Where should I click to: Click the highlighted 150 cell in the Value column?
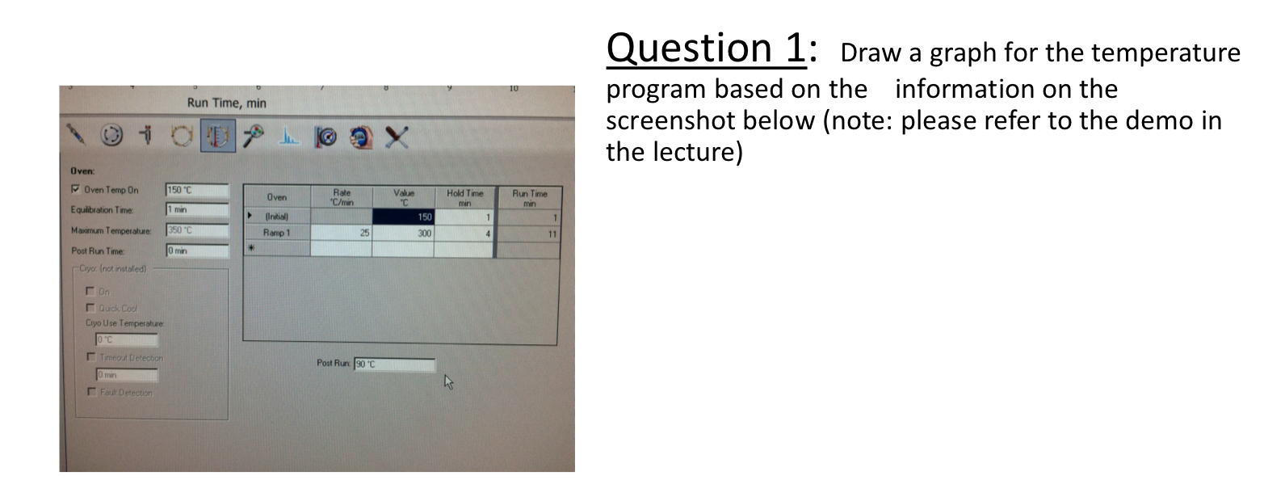pyautogui.click(x=403, y=217)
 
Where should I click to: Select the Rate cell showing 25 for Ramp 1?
pyautogui.click(x=341, y=233)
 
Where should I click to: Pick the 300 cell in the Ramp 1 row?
pyautogui.click(x=403, y=233)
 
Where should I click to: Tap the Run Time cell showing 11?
pyautogui.click(x=526, y=233)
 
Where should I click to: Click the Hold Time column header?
pyautogui.click(x=464, y=197)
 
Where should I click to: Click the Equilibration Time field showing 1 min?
pyautogui.click(x=196, y=210)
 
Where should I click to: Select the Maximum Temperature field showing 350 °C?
pyautogui.click(x=196, y=230)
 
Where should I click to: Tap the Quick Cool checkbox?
pyautogui.click(x=90, y=308)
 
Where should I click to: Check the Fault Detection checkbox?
pyautogui.click(x=90, y=393)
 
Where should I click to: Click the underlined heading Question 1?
pyautogui.click(x=705, y=49)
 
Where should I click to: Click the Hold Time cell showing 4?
pyautogui.click(x=464, y=233)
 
